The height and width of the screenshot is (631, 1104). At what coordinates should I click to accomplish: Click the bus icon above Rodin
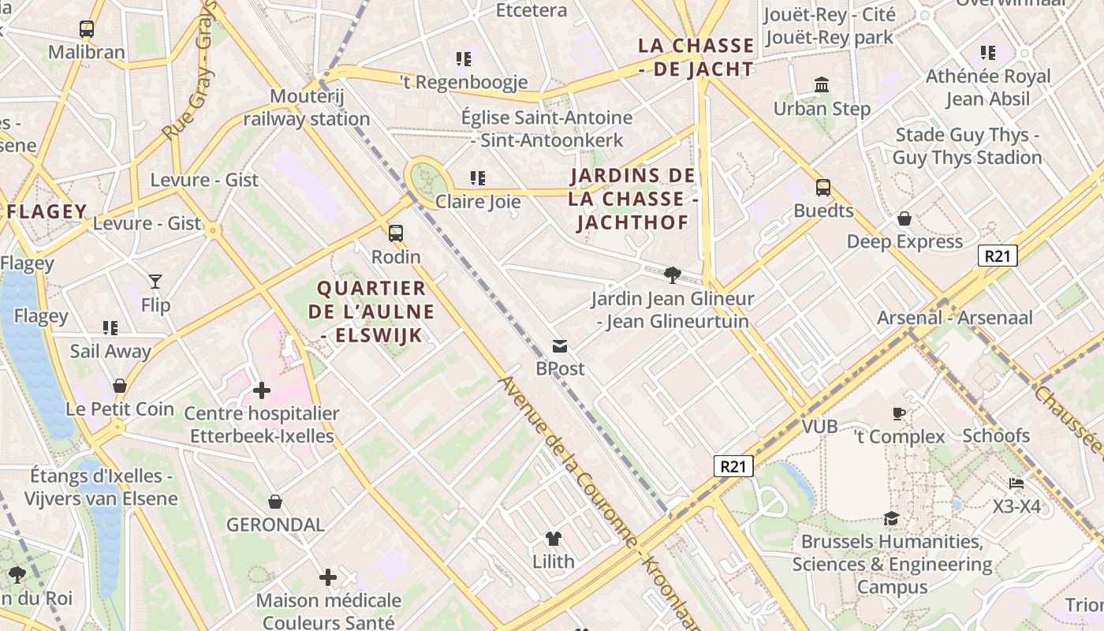tap(396, 233)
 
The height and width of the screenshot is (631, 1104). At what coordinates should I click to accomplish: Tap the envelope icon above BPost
tap(560, 346)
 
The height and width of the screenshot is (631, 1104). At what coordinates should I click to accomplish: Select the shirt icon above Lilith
tap(554, 540)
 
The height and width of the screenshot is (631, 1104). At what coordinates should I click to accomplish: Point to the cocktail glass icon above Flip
tap(155, 281)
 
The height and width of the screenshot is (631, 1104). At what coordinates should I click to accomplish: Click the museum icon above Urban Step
tap(822, 85)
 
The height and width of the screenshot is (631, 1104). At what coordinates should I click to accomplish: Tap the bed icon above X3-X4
tap(1016, 483)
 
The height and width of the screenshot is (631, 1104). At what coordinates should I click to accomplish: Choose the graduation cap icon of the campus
tap(891, 518)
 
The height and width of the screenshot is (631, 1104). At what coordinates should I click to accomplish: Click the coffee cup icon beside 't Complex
tap(898, 413)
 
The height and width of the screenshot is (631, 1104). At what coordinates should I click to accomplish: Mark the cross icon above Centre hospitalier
tap(262, 390)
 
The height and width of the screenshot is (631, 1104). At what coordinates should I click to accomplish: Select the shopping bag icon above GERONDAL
tap(275, 502)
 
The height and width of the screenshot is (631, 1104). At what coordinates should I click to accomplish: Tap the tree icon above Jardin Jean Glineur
tap(672, 275)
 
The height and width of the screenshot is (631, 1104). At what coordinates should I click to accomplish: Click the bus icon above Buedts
tap(823, 188)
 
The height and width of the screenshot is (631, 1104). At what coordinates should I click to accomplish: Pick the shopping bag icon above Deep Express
tap(904, 218)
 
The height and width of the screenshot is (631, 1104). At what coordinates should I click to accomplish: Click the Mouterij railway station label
tap(306, 108)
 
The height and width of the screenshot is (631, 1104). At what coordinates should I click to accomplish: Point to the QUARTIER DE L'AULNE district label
tap(371, 312)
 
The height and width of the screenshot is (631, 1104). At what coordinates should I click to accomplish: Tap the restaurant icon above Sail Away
tap(110, 327)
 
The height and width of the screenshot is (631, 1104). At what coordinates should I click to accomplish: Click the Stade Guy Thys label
tap(967, 146)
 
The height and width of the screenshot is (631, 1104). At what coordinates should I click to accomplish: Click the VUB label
tap(819, 427)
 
